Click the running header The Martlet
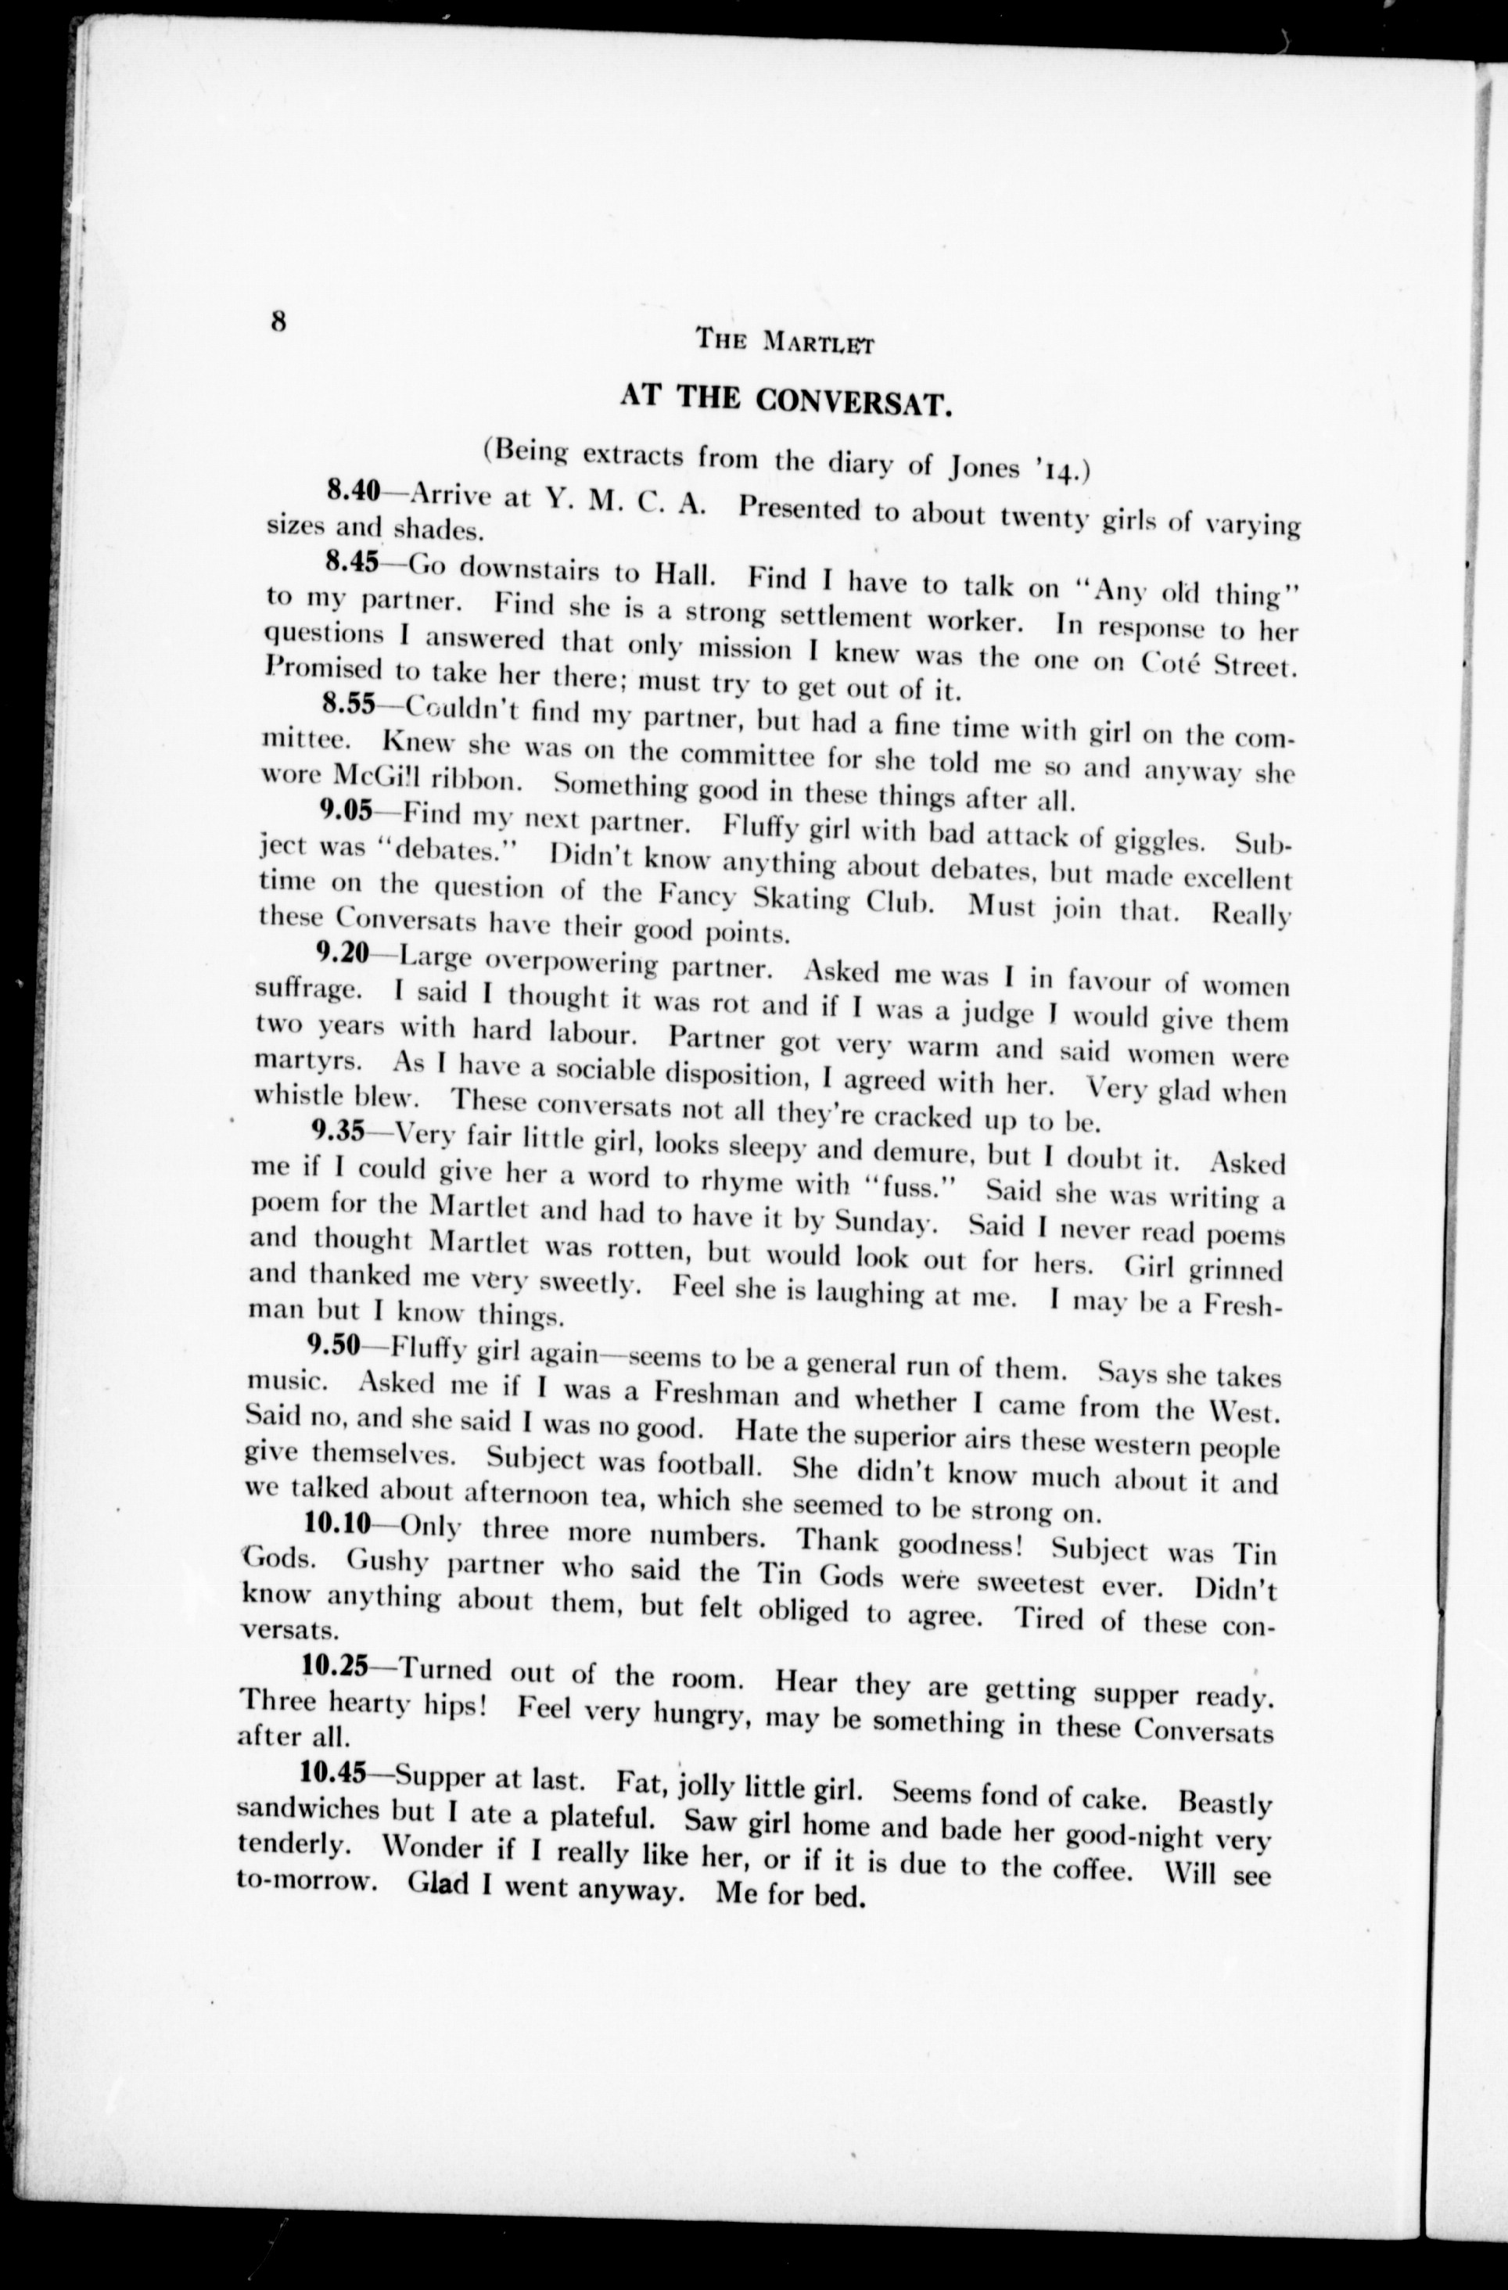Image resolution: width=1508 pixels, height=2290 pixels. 785,341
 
